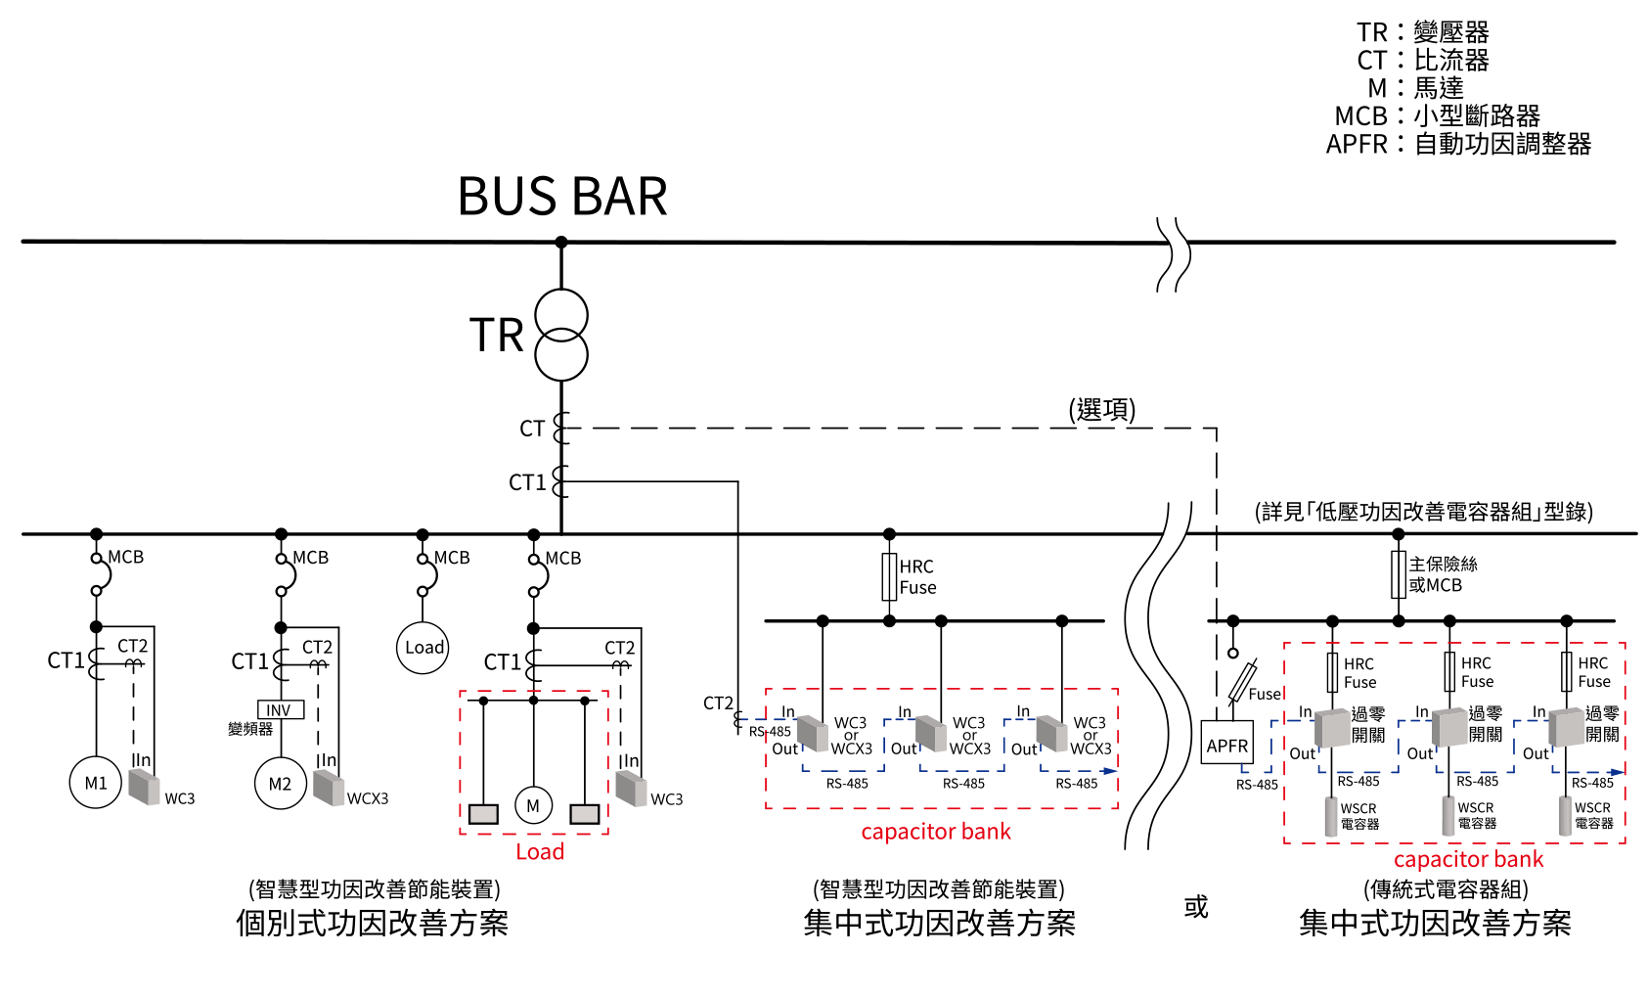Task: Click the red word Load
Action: tap(540, 852)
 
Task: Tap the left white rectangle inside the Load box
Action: tap(483, 814)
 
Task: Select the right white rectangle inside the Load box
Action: tap(585, 814)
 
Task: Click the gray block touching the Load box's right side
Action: tap(631, 789)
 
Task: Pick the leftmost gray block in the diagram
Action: tap(144, 787)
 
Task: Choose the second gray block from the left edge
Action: tap(329, 788)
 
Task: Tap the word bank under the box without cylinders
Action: tap(987, 832)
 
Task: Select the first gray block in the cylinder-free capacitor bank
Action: tap(813, 734)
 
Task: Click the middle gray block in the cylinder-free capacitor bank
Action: tap(931, 734)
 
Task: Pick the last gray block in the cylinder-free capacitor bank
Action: tap(1051, 734)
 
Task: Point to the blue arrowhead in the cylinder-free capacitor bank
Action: tap(1110, 771)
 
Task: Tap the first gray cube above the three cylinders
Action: tap(1332, 729)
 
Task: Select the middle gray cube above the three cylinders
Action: tap(1449, 728)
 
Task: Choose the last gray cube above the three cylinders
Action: tap(1567, 727)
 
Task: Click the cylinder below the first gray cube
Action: tap(1331, 816)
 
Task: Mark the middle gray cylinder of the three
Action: tap(1448, 816)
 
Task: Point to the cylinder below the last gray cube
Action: tap(1566, 816)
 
